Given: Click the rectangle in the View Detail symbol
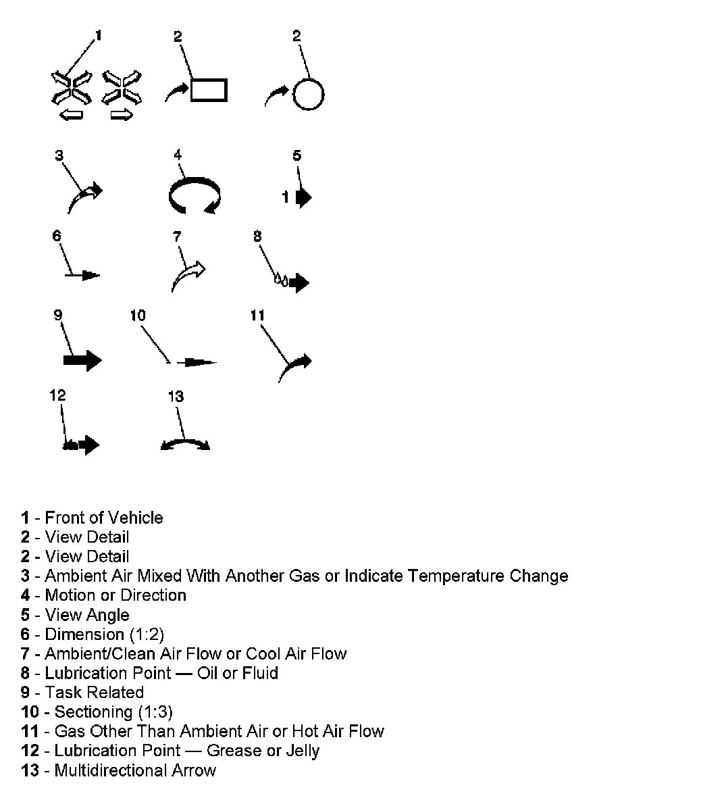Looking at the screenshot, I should pyautogui.click(x=209, y=90).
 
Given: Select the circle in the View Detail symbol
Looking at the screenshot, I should pyautogui.click(x=309, y=95).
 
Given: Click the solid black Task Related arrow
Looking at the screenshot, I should pyautogui.click(x=82, y=360).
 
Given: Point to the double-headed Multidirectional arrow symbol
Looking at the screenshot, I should pyautogui.click(x=185, y=444).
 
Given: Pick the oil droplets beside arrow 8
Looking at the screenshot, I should pyautogui.click(x=280, y=279).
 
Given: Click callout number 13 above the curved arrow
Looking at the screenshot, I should pyautogui.click(x=176, y=397).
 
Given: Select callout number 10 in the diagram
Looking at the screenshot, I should pyautogui.click(x=138, y=316).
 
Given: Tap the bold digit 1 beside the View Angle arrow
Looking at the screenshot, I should pyautogui.click(x=286, y=197).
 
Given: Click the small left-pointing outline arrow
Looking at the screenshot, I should pyautogui.click(x=71, y=116).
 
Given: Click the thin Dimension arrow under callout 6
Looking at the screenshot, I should pyautogui.click(x=84, y=275).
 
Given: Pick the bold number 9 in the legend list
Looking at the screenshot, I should pyautogui.click(x=25, y=693).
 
